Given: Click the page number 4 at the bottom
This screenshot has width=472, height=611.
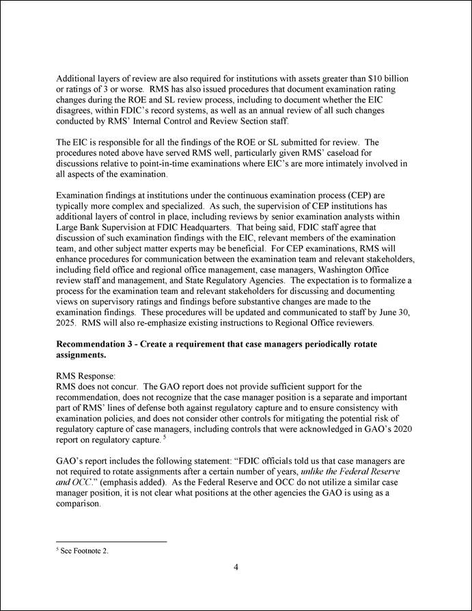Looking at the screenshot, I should click(x=236, y=567).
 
